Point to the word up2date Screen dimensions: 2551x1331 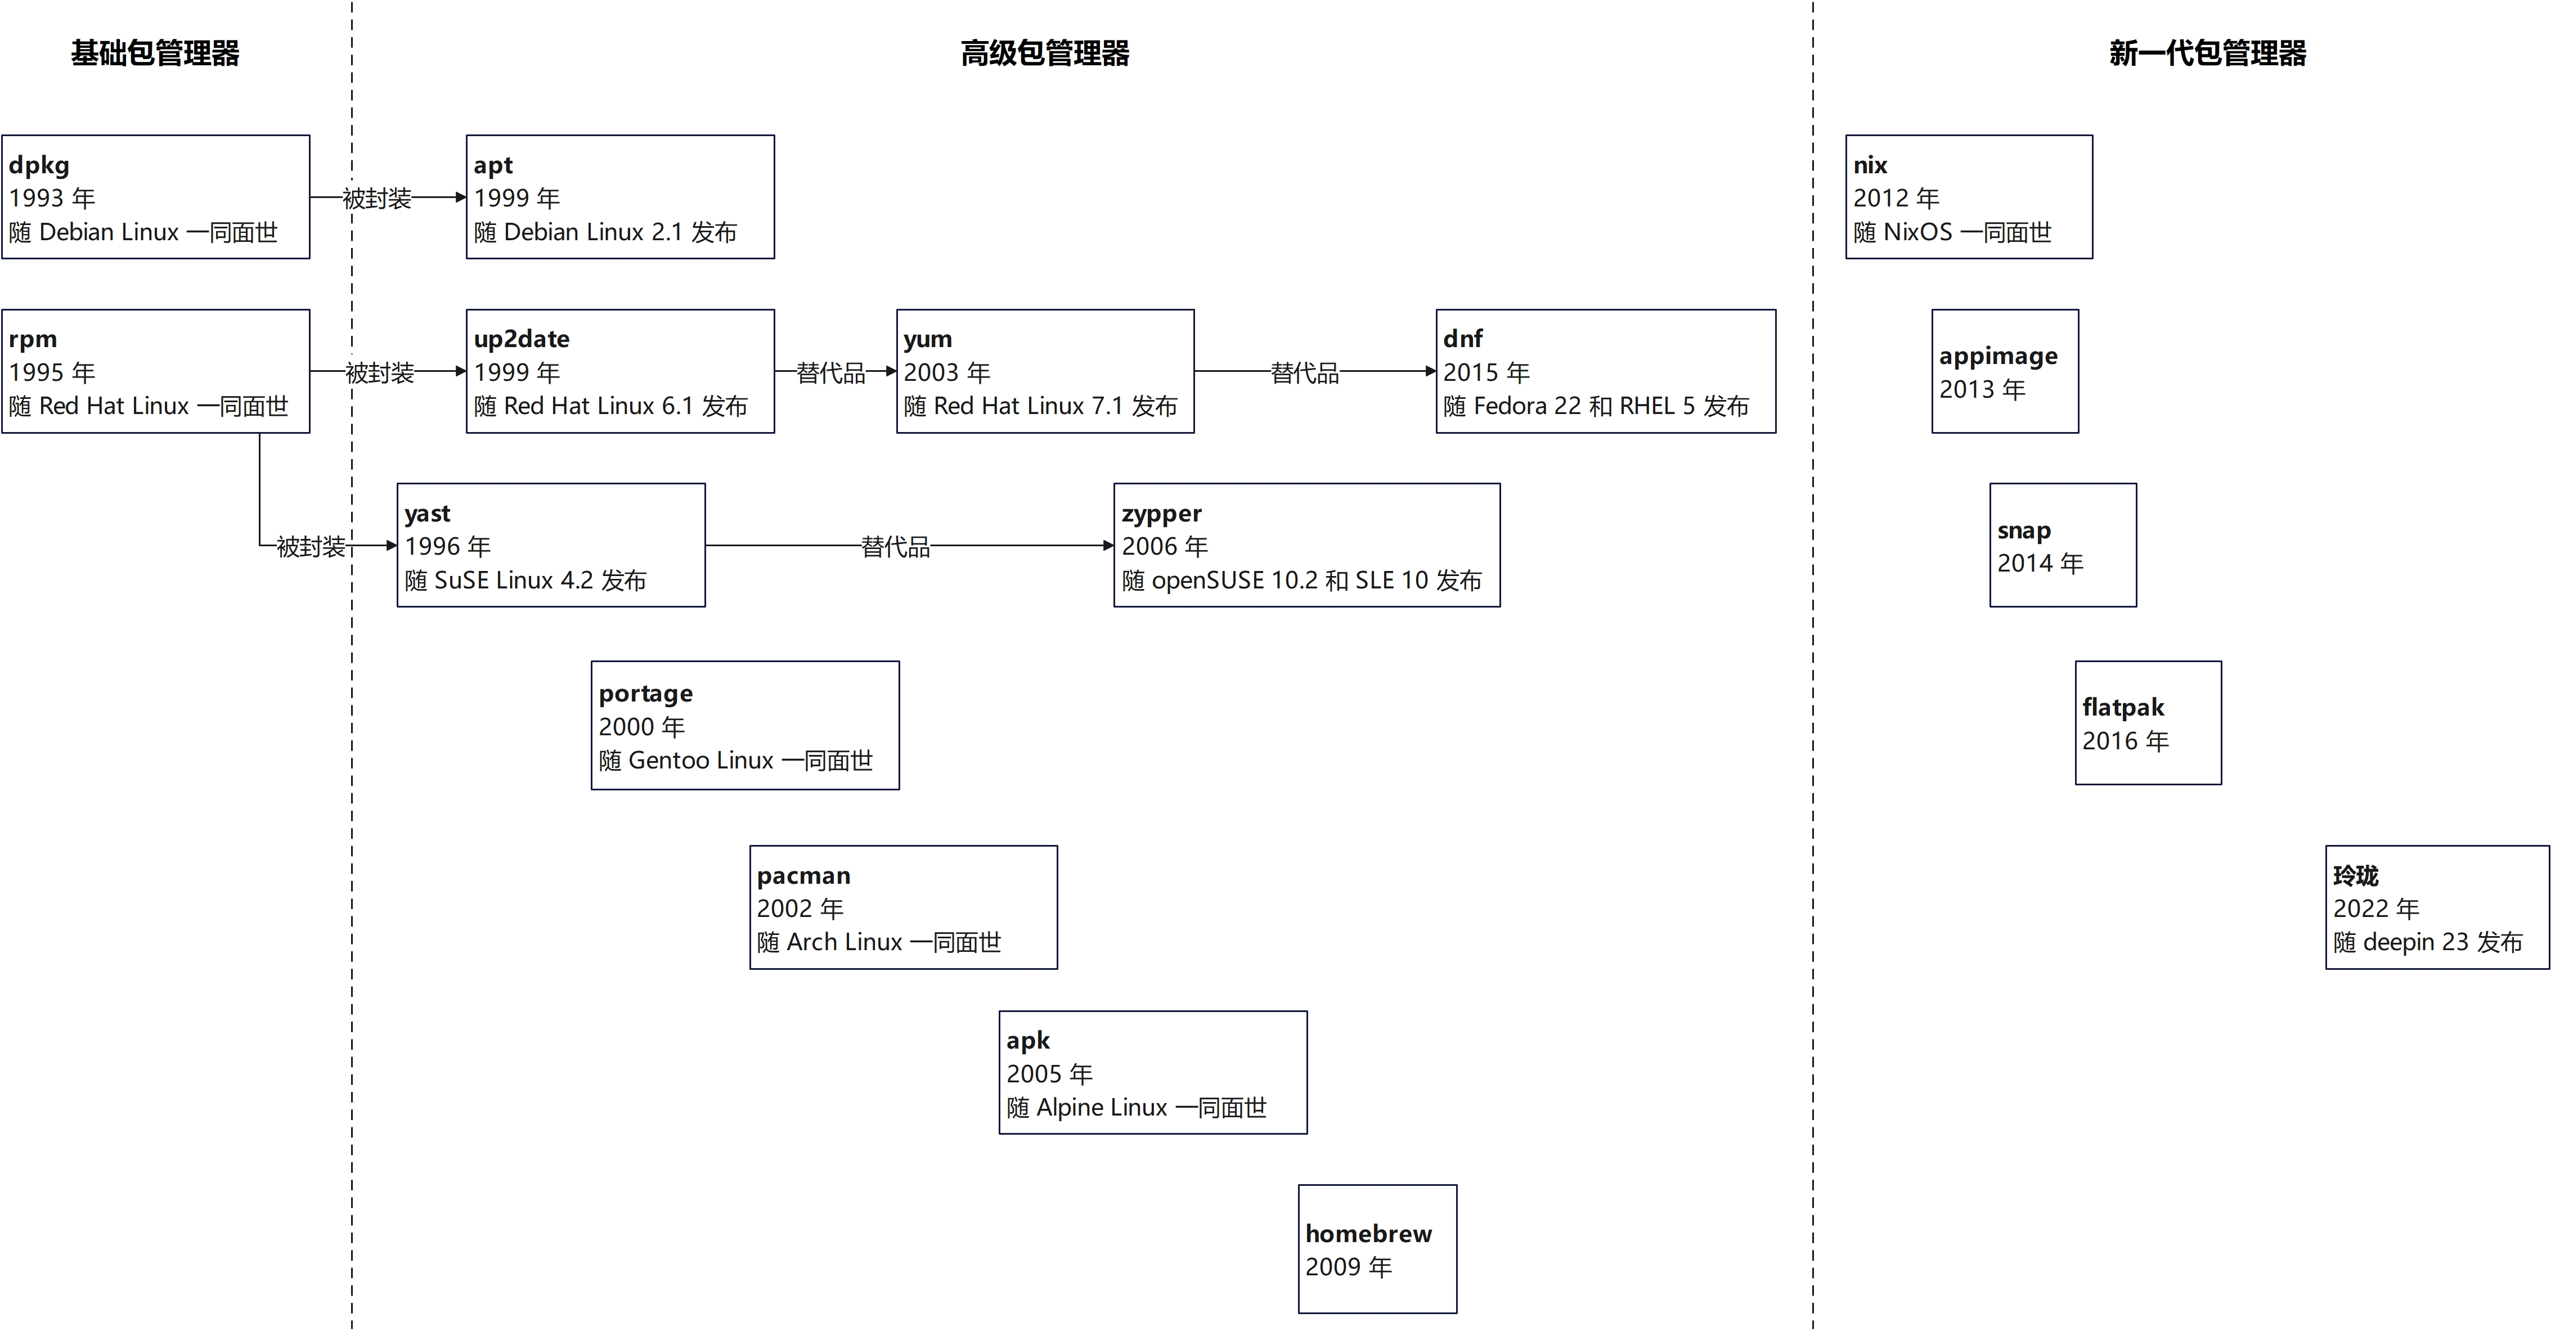click(x=522, y=339)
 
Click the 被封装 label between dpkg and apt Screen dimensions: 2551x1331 click(x=378, y=198)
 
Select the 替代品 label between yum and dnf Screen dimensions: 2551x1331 click(x=1305, y=372)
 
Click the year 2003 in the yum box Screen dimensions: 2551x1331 click(x=932, y=372)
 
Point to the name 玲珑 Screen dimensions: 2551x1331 click(x=2356, y=875)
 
